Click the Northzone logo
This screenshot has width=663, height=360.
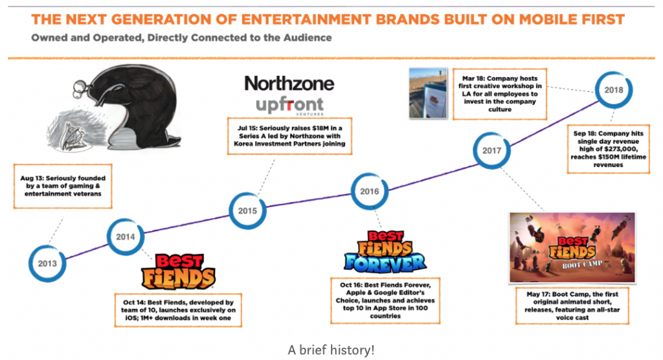289,84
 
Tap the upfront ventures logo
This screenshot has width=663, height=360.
289,106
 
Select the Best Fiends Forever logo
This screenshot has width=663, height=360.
385,252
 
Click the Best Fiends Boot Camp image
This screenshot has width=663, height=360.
572,247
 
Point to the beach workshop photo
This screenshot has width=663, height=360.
428,93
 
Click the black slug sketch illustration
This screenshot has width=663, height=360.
114,108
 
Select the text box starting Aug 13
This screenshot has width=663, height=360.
63,186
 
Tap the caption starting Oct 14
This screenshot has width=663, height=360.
178,310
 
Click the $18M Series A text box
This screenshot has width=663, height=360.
289,136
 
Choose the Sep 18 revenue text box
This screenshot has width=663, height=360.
608,149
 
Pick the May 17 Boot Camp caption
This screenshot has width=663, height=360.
572,306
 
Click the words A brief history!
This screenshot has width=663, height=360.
331,350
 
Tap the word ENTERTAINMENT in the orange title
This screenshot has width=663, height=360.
306,19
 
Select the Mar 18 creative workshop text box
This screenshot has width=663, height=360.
500,94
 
